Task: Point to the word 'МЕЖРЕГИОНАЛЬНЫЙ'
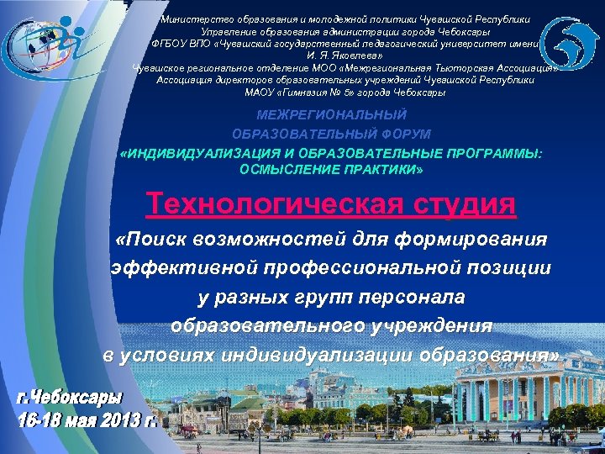tap(332, 113)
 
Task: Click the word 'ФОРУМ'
tap(401, 135)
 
